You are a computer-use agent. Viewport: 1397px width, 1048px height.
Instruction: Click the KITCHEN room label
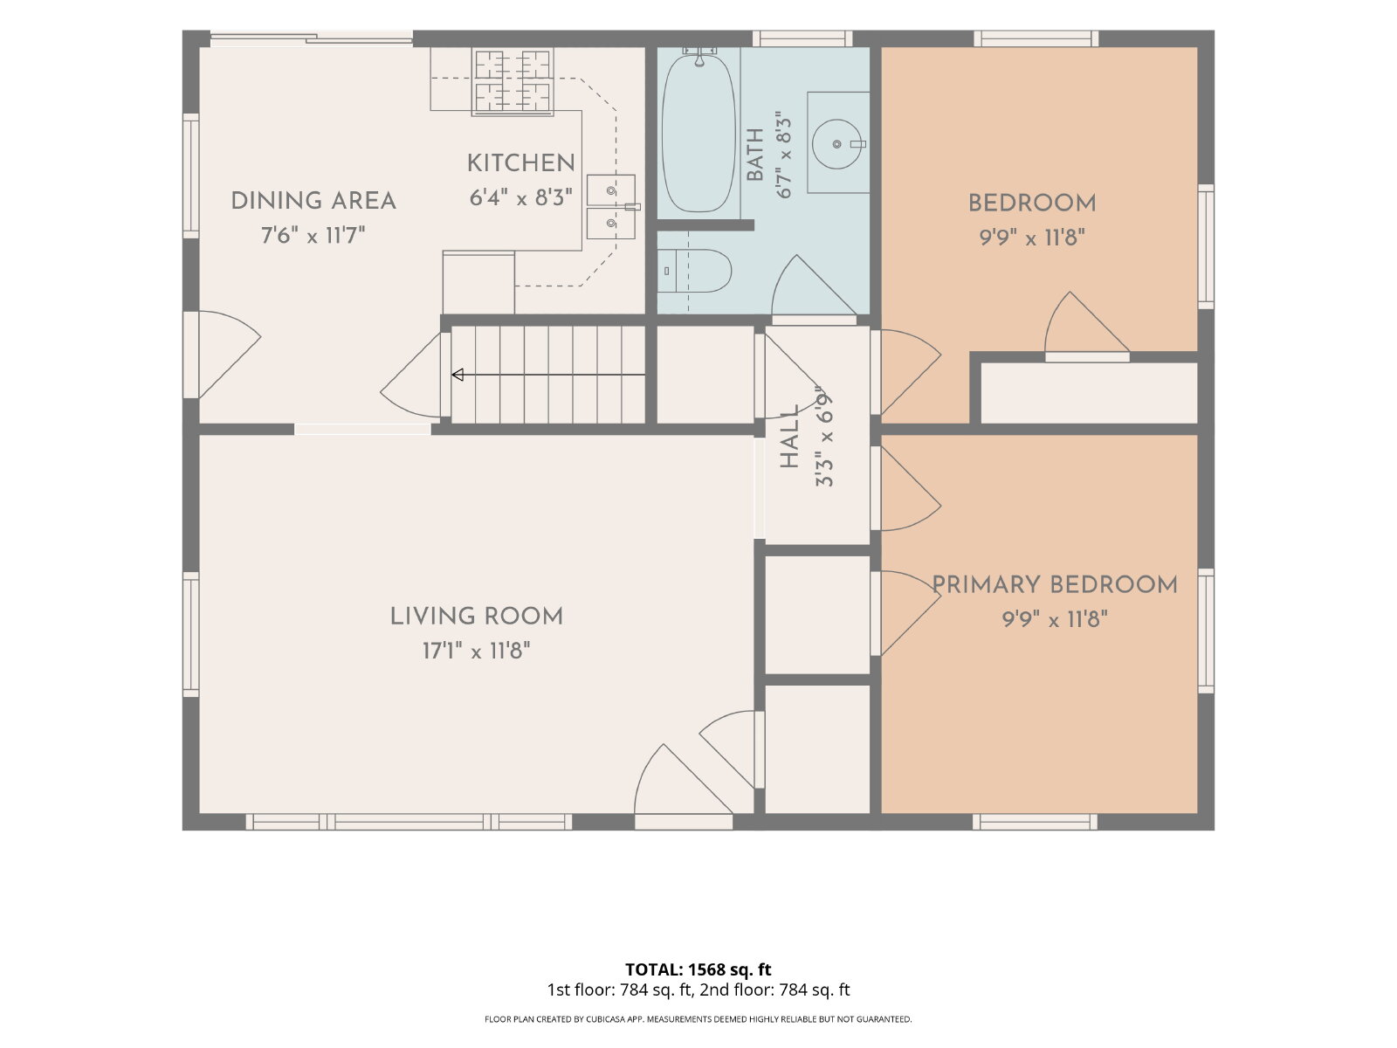pyautogui.click(x=520, y=163)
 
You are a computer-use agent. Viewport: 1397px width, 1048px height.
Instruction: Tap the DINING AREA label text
pyautogui.click(x=313, y=201)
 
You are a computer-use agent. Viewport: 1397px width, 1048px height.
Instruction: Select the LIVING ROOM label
pyautogui.click(x=476, y=616)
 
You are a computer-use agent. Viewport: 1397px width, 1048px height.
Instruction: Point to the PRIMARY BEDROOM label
pyautogui.click(x=1055, y=585)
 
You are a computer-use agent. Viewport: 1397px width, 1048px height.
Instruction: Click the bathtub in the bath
pyautogui.click(x=698, y=134)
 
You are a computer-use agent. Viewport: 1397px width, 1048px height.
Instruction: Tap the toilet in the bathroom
pyautogui.click(x=694, y=271)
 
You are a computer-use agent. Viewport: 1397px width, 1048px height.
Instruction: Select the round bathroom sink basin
pyautogui.click(x=837, y=144)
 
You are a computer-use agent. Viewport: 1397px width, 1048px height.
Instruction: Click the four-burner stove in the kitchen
pyautogui.click(x=513, y=81)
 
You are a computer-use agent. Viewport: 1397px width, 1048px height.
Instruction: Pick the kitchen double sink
pyautogui.click(x=611, y=207)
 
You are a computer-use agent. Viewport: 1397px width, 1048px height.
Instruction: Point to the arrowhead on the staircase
pyautogui.click(x=457, y=375)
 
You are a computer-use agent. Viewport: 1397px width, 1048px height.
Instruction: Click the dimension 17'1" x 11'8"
pyautogui.click(x=476, y=651)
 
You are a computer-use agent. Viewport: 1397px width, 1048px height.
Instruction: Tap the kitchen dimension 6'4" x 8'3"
pyautogui.click(x=520, y=198)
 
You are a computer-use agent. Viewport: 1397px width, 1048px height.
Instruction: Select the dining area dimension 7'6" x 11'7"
pyautogui.click(x=313, y=236)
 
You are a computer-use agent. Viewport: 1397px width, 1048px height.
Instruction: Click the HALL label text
pyautogui.click(x=789, y=437)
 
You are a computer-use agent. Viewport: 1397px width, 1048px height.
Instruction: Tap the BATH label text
pyautogui.click(x=755, y=155)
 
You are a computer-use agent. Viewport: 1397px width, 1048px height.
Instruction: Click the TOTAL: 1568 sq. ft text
pyautogui.click(x=698, y=969)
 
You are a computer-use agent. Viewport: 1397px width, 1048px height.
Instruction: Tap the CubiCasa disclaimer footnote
pyautogui.click(x=698, y=1019)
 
